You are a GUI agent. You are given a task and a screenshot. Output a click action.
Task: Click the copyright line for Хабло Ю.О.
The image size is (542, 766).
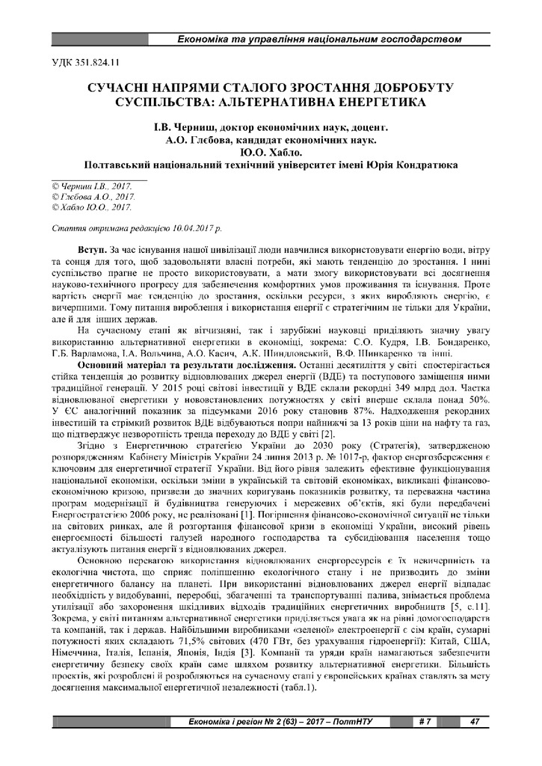[87, 206]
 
